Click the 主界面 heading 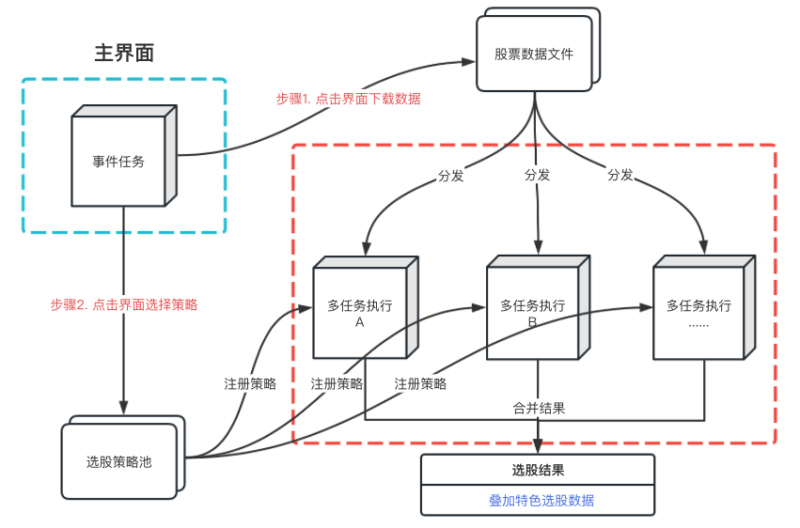point(124,53)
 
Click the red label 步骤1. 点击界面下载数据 point(348,99)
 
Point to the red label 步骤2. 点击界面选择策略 point(124,304)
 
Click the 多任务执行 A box point(359,313)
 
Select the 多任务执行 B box point(532,313)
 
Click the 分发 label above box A point(450,175)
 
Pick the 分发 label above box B point(537,175)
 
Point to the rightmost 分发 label point(620,175)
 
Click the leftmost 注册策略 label point(250,383)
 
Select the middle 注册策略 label point(337,383)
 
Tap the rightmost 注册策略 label point(420,383)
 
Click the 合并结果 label point(539,408)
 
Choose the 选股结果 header point(537,470)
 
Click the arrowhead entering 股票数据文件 point(469,61)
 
